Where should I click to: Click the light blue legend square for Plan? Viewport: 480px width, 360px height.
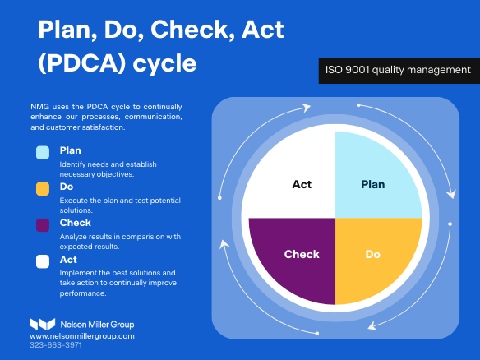click(x=43, y=152)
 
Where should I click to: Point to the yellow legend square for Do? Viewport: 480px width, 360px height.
click(x=43, y=188)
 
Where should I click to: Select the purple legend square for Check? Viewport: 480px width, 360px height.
click(x=43, y=225)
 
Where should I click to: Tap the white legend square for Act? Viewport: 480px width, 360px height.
click(x=43, y=261)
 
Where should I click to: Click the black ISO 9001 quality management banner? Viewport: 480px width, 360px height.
click(x=399, y=71)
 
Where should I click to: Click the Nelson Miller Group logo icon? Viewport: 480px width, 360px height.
click(x=42, y=324)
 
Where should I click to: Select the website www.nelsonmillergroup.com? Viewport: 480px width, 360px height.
click(x=82, y=336)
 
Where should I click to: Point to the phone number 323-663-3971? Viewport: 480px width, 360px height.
click(x=56, y=345)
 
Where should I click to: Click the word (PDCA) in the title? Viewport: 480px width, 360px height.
click(x=82, y=63)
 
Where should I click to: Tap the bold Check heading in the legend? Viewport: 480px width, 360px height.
click(x=76, y=223)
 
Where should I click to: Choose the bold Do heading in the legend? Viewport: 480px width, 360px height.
click(x=67, y=187)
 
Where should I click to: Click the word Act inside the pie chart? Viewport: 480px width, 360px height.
click(x=302, y=184)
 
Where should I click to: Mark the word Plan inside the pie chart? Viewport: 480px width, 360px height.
click(x=373, y=184)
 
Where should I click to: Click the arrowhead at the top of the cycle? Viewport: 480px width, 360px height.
click(x=306, y=108)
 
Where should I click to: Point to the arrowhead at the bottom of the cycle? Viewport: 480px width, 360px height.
click(x=372, y=325)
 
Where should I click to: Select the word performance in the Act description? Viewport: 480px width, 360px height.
click(x=83, y=293)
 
